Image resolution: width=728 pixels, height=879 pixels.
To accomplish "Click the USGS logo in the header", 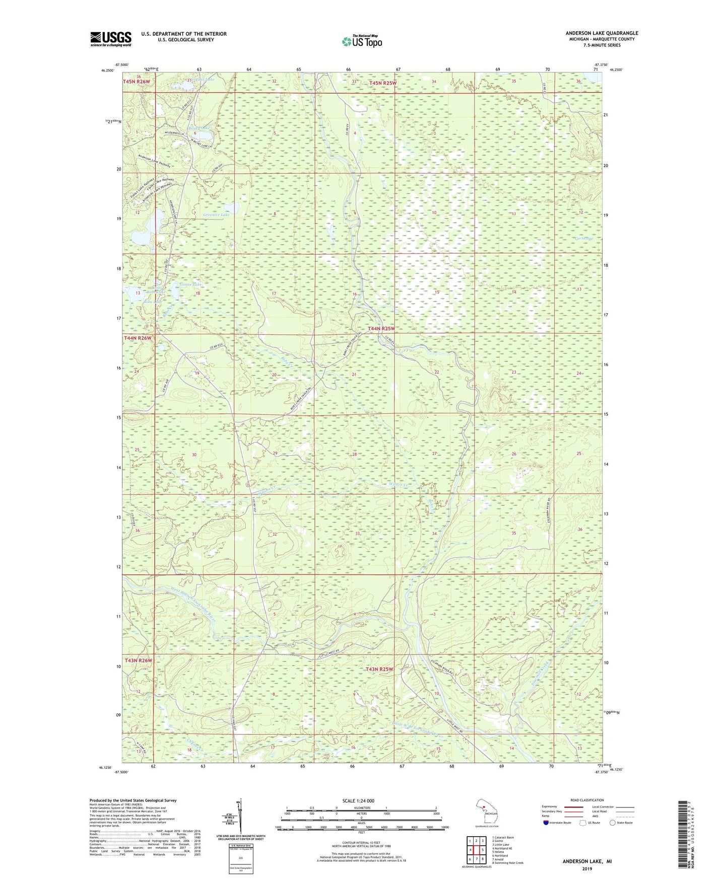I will coord(111,39).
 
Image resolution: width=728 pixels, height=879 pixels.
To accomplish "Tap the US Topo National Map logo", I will coord(361,41).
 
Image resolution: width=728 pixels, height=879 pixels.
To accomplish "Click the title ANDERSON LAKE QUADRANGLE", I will coord(602,33).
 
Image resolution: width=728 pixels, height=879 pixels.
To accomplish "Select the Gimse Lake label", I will coord(190,285).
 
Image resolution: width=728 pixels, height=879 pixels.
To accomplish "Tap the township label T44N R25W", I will coord(381,328).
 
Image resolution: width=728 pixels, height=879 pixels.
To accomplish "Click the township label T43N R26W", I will coord(138,660).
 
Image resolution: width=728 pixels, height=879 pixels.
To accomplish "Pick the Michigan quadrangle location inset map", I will coord(487,812).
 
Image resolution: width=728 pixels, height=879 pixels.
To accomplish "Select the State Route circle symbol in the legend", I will coord(613,823).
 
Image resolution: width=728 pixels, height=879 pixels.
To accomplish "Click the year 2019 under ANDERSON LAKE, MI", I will coord(587,868).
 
